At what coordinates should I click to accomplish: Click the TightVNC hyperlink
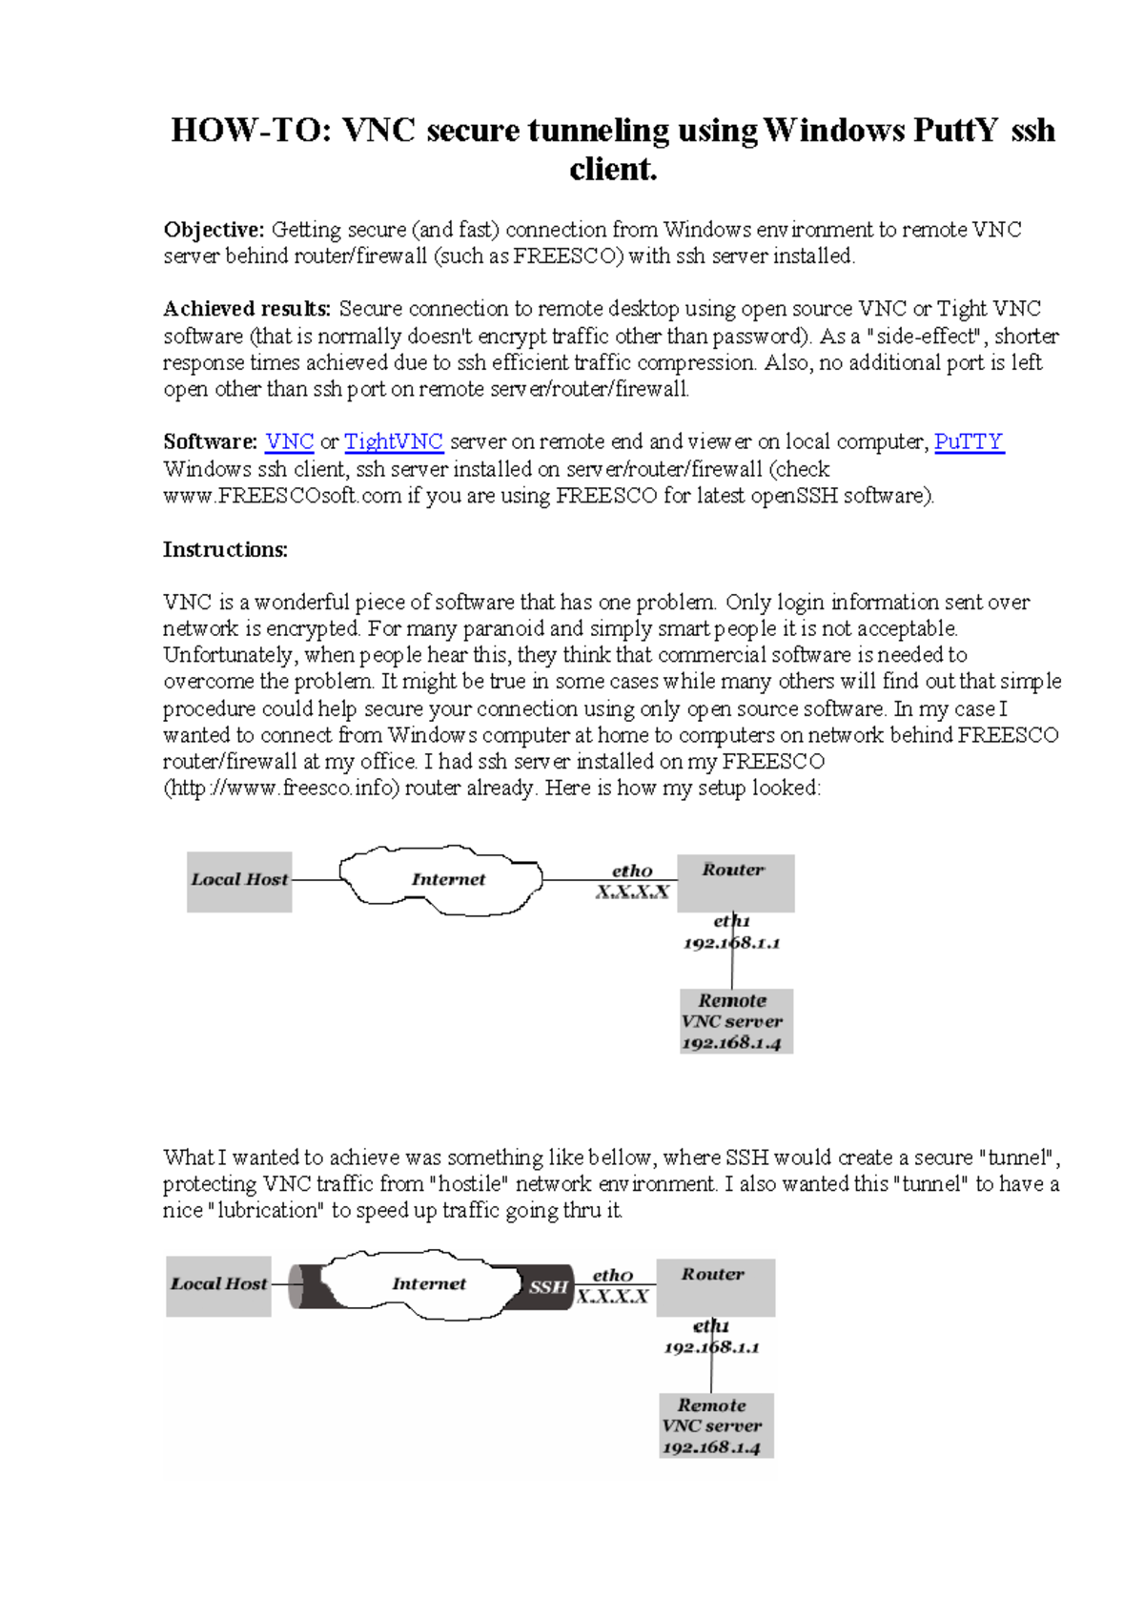point(393,441)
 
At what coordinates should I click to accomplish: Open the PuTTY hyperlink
point(969,441)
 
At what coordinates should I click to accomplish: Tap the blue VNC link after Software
point(290,441)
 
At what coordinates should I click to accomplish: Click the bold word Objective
point(214,230)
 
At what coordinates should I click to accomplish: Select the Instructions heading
point(225,549)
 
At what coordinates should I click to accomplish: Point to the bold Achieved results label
point(247,309)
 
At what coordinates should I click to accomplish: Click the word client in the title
point(613,170)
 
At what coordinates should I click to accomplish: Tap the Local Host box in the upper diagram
point(239,881)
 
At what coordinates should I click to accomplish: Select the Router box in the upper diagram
point(735,882)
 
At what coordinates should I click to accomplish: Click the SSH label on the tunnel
point(548,1287)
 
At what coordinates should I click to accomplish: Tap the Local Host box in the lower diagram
point(219,1285)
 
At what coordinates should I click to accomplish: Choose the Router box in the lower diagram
point(715,1286)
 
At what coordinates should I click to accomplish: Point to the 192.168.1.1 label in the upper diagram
point(731,943)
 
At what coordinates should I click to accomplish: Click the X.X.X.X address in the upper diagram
point(632,892)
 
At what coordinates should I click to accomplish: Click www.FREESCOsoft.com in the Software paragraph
point(282,496)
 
